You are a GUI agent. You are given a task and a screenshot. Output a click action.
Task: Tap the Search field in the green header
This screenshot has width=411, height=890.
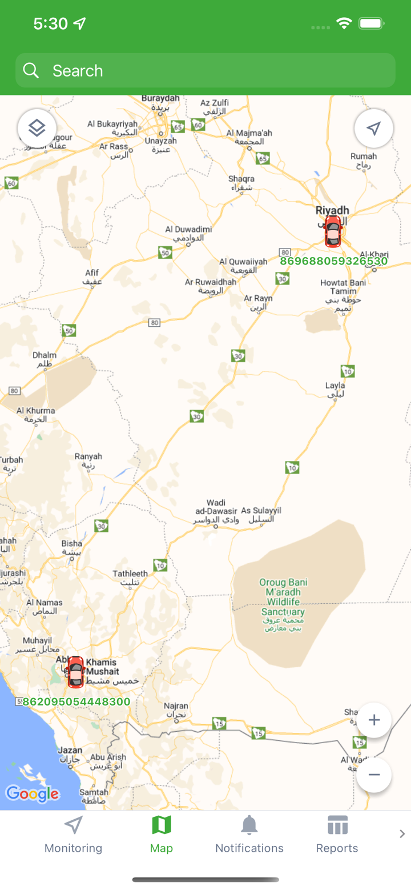[x=205, y=70]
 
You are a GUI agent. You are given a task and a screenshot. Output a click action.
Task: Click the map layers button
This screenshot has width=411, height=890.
[x=37, y=128]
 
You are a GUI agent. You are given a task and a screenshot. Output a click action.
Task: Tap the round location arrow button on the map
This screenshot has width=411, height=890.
[x=374, y=129]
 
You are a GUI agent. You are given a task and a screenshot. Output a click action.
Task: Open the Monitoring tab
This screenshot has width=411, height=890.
[x=73, y=835]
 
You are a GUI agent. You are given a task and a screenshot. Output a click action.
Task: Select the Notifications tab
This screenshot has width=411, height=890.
[x=249, y=835]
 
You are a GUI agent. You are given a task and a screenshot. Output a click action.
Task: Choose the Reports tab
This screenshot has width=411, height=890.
[x=337, y=835]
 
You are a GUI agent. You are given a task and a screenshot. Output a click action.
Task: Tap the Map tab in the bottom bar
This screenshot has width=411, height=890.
[x=161, y=835]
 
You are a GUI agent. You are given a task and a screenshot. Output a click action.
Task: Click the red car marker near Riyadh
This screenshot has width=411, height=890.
[x=333, y=231]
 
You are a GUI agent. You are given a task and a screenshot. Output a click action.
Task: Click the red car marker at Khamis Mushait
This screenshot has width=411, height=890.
[x=75, y=672]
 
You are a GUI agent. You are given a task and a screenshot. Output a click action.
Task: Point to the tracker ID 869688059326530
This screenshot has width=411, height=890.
[x=333, y=261]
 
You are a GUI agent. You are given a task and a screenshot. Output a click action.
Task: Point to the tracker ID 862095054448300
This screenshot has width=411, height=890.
[x=76, y=701]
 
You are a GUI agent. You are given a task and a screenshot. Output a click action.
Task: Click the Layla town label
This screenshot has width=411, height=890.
[x=335, y=389]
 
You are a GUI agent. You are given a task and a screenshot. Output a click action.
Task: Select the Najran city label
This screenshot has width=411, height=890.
[x=175, y=710]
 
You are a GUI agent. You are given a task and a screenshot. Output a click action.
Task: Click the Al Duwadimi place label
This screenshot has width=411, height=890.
[x=188, y=233]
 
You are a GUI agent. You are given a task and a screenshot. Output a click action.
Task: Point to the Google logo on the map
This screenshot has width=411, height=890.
[x=33, y=793]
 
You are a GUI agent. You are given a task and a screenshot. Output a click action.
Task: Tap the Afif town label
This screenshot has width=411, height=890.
[x=92, y=277]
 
